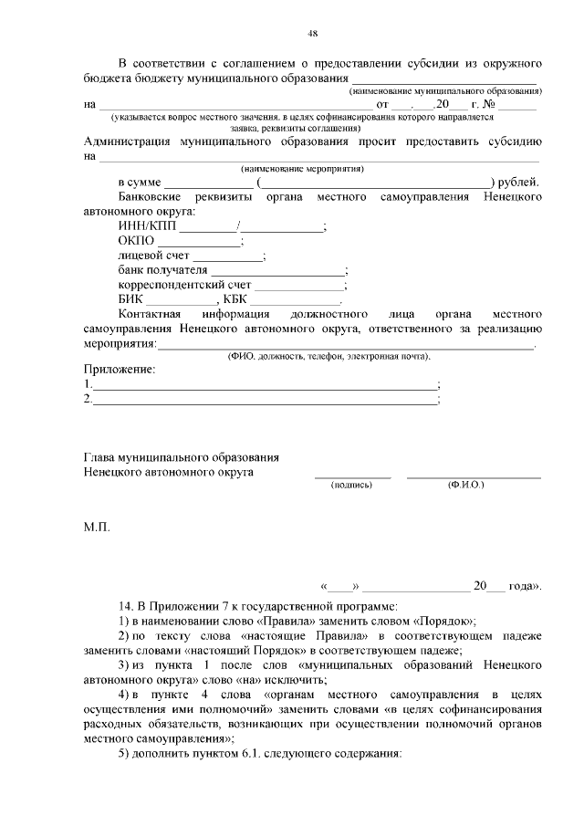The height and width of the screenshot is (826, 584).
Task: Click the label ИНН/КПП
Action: click(148, 226)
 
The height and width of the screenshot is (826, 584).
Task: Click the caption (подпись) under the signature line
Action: click(351, 485)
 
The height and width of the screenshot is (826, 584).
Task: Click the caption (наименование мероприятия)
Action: click(302, 169)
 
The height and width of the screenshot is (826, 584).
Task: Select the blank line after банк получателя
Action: click(278, 272)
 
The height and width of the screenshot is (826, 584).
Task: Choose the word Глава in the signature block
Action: click(101, 456)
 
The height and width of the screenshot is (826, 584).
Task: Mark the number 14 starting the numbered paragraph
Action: click(126, 605)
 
